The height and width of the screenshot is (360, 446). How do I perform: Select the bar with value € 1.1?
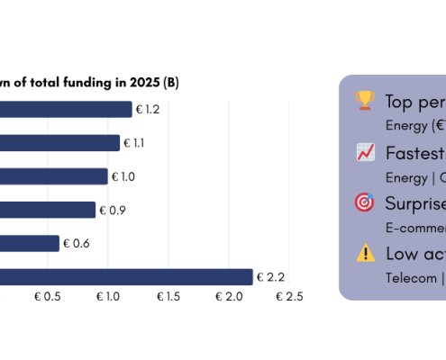(59, 142)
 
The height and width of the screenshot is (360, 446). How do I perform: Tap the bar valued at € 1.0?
(54, 176)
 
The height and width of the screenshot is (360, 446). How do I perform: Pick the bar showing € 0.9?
(48, 210)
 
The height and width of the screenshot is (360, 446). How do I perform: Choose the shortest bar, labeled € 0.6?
(30, 243)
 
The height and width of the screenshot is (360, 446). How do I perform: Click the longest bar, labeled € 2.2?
(126, 277)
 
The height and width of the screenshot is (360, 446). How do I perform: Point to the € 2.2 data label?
(270, 277)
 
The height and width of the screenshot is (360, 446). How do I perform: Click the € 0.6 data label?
(77, 243)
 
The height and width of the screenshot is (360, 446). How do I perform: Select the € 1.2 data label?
(149, 109)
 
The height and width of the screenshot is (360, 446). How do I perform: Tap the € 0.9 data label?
(113, 210)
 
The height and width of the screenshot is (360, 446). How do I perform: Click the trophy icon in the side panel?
(365, 101)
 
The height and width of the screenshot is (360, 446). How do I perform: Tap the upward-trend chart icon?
(365, 152)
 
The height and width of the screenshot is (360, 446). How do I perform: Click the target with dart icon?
(365, 202)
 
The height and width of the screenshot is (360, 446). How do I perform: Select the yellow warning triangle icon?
(365, 253)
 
